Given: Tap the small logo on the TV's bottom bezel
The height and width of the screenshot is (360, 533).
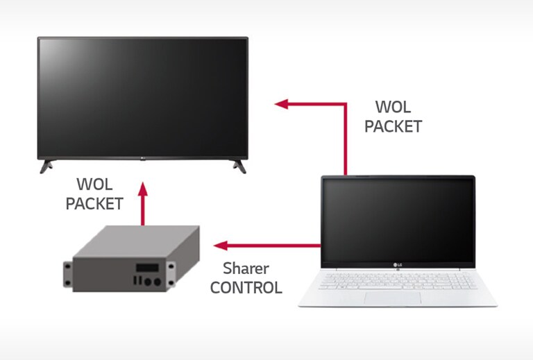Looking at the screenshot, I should (x=142, y=159).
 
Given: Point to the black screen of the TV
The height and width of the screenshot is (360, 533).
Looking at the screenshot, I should (x=142, y=97).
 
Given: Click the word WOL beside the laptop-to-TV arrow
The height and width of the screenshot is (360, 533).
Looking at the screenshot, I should (x=393, y=108).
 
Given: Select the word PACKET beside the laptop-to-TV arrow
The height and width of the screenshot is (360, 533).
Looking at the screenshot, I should (x=393, y=126).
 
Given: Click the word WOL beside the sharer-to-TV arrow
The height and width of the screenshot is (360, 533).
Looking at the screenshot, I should (x=95, y=185).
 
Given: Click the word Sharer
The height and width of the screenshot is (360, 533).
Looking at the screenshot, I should (x=246, y=268).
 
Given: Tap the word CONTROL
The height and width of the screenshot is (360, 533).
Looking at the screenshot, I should (x=246, y=287).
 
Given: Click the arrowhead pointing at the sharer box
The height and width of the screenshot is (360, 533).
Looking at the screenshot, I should (x=220, y=246).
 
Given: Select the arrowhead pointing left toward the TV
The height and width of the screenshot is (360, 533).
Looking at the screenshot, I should (x=280, y=104).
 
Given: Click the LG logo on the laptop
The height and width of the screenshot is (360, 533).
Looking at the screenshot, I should (x=398, y=263).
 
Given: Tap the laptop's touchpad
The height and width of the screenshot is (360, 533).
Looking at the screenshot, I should (x=393, y=298).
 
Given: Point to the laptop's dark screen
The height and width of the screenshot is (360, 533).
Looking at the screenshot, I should (x=398, y=218).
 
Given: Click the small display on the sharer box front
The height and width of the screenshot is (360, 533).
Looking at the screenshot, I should (x=146, y=267).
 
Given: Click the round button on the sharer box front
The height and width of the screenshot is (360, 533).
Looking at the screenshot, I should (x=157, y=282).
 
